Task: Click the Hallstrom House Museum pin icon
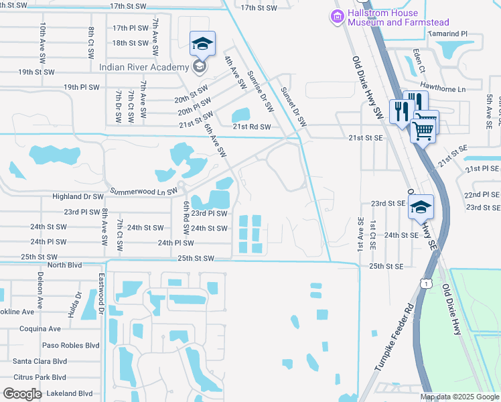tap(338, 16)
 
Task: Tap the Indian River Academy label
tap(143, 67)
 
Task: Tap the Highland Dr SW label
tap(78, 197)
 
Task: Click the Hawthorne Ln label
tap(442, 88)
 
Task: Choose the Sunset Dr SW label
tap(292, 107)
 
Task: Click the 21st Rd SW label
tap(251, 127)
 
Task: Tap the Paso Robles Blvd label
tap(70, 346)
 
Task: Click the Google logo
tap(22, 394)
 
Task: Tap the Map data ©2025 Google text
tap(459, 397)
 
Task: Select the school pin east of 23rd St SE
tap(421, 206)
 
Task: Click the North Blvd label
tap(64, 265)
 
